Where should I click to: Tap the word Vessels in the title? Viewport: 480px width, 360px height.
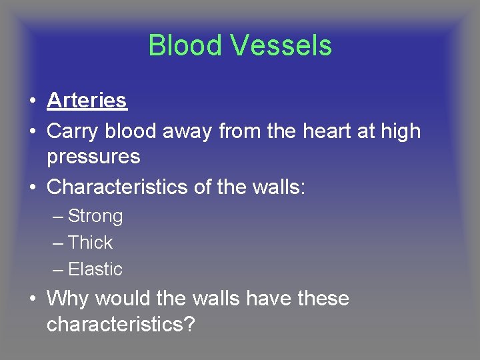point(281,45)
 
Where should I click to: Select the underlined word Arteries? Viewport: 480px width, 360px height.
point(87,101)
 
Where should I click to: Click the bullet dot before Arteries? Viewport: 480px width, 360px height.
point(32,101)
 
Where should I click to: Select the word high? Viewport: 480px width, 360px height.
point(400,131)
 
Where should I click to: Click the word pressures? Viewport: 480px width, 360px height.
point(93,157)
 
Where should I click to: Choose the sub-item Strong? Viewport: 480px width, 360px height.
point(95,216)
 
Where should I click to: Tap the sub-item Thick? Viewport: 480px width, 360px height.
point(90,243)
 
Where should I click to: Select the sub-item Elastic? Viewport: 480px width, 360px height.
point(95,269)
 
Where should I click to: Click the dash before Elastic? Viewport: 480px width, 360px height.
point(57,270)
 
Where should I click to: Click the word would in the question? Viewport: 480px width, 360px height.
point(120,298)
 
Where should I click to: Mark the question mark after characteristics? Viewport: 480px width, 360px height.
point(190,325)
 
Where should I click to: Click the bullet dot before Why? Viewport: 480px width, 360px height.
point(32,299)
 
